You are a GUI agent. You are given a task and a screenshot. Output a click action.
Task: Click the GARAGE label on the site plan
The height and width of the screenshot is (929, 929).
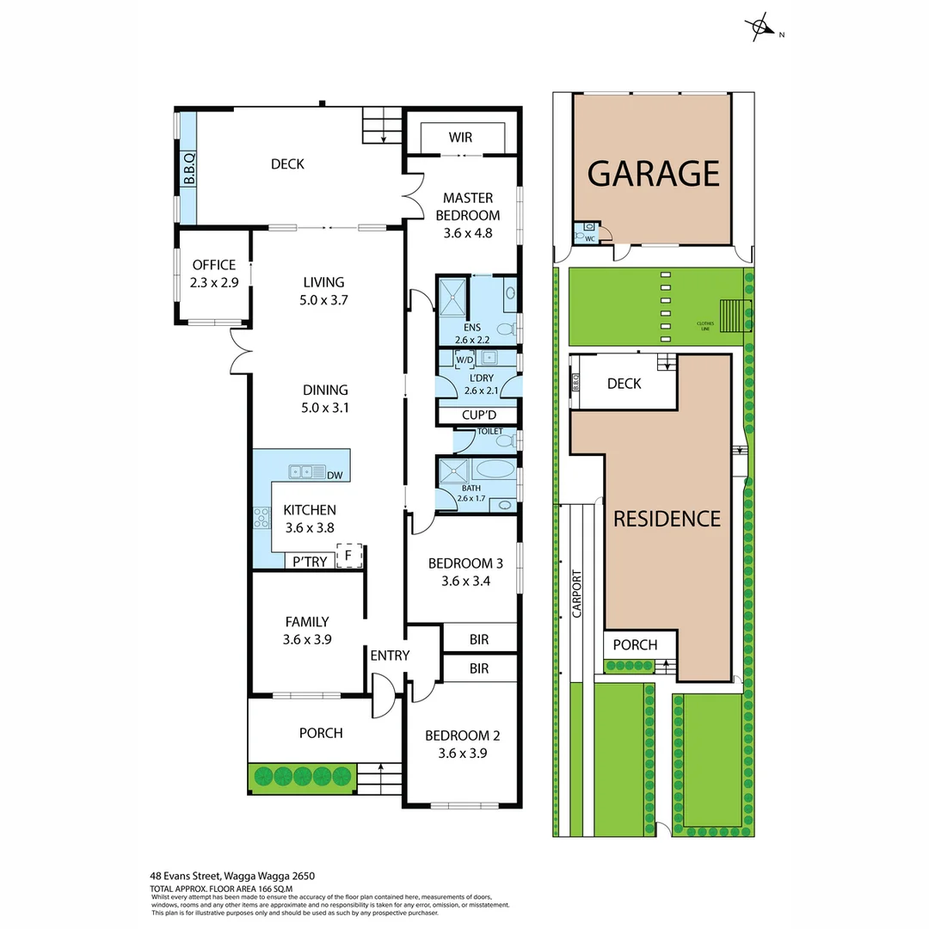click(x=653, y=173)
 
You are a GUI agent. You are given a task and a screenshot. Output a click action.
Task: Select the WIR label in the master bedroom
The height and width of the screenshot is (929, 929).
click(x=460, y=138)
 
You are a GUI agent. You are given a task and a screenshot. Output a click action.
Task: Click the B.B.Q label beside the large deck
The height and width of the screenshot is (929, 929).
click(x=188, y=169)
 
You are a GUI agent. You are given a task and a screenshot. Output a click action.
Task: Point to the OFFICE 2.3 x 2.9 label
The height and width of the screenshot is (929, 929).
click(x=213, y=273)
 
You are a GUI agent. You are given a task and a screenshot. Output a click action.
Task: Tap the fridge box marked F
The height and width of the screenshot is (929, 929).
click(x=348, y=556)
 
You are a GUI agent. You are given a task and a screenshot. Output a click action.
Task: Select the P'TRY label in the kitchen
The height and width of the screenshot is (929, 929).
click(x=310, y=562)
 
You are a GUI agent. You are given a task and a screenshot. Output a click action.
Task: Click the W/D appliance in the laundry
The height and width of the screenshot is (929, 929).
click(x=464, y=359)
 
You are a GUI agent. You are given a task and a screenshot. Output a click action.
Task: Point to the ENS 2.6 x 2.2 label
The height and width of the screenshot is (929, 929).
click(x=472, y=334)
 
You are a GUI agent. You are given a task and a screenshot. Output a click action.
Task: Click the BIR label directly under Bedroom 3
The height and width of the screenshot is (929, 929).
click(x=479, y=640)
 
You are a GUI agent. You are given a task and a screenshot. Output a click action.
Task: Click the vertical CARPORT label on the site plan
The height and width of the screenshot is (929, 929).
click(x=576, y=593)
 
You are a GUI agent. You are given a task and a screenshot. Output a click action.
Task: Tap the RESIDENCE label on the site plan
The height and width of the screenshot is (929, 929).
click(x=667, y=519)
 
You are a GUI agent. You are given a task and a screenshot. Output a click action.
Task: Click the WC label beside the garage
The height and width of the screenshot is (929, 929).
click(x=590, y=238)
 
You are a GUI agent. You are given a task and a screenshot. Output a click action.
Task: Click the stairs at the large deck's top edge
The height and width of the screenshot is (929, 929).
click(x=381, y=126)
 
